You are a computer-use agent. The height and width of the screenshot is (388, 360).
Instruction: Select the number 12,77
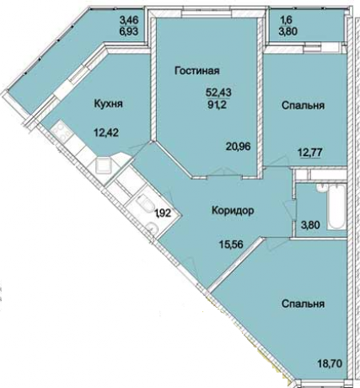click(308, 154)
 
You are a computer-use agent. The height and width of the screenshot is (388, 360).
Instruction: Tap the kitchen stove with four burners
click(64, 132)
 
